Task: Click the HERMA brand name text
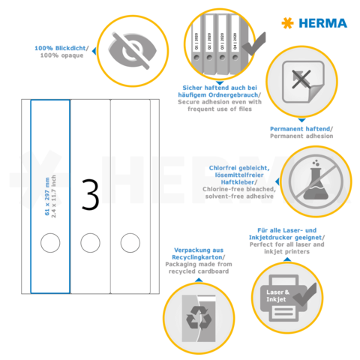tap(324, 22)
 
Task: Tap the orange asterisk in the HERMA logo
tap(286, 22)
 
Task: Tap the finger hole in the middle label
tap(90, 241)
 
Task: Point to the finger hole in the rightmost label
tap(130, 241)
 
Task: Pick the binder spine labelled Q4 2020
tap(232, 45)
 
